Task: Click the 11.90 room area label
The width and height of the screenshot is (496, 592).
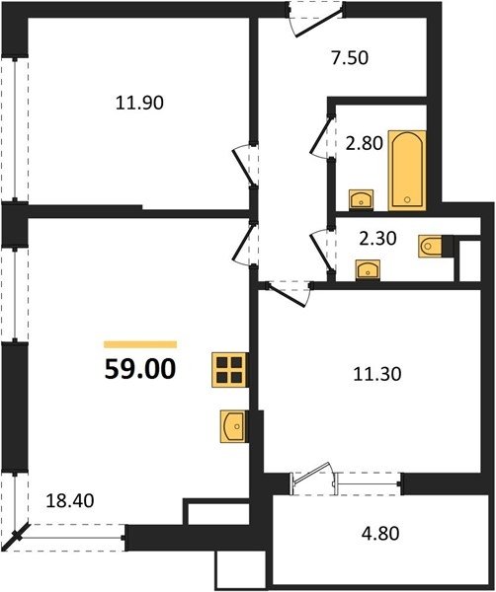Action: point(139,103)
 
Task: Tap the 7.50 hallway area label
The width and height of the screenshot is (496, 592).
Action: point(350,58)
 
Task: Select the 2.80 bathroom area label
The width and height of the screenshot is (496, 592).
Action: point(365,143)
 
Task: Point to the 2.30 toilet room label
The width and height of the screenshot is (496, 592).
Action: point(377,238)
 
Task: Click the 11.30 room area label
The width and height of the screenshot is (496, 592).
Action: point(376,374)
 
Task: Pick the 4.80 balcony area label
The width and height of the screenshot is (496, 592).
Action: point(380,534)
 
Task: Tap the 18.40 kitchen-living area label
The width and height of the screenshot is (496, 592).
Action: point(70,500)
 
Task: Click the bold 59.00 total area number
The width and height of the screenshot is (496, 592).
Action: point(140,369)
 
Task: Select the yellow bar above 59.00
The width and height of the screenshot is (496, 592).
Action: point(140,344)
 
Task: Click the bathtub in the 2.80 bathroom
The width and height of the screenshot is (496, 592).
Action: point(407,171)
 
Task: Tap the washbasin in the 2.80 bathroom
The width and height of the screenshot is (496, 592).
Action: point(362,199)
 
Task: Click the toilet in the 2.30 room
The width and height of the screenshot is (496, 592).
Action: point(430,247)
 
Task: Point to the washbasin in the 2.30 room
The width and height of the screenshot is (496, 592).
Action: point(368,269)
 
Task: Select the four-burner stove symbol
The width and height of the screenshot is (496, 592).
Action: point(230,370)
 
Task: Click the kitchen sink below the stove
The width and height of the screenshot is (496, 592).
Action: point(233,426)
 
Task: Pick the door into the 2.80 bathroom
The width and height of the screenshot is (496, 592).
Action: point(322,137)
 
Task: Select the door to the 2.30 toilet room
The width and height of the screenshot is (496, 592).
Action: point(322,250)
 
